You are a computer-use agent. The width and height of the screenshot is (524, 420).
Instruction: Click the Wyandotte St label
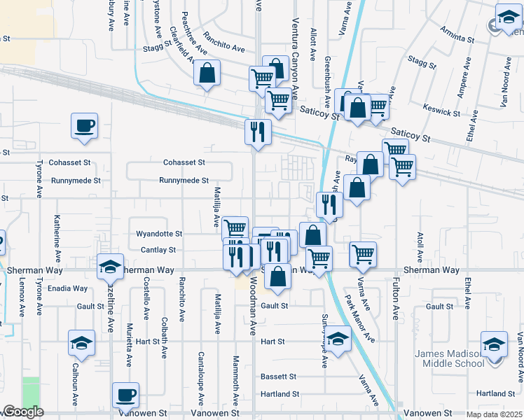point(159,233)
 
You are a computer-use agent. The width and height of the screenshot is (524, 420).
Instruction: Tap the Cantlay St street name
point(158,250)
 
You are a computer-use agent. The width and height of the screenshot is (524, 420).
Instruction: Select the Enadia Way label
point(67,288)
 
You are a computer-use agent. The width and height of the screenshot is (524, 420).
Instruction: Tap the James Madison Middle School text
point(459,358)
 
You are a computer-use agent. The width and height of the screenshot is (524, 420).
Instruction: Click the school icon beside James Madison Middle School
point(494,344)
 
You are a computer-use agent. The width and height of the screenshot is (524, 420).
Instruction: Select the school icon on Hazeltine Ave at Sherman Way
point(110,266)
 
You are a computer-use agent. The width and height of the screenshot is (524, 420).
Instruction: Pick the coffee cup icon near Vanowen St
point(125,395)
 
